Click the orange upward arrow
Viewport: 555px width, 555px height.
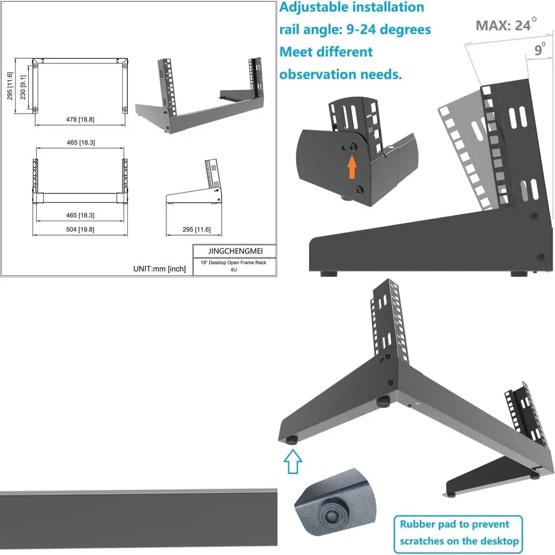click(351, 167)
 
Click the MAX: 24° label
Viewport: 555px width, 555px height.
click(506, 24)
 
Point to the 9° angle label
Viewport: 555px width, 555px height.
click(539, 50)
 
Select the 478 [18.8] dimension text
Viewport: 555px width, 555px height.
click(79, 119)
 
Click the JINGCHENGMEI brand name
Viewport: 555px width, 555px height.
click(234, 250)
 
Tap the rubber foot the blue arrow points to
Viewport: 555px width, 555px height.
click(290, 441)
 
